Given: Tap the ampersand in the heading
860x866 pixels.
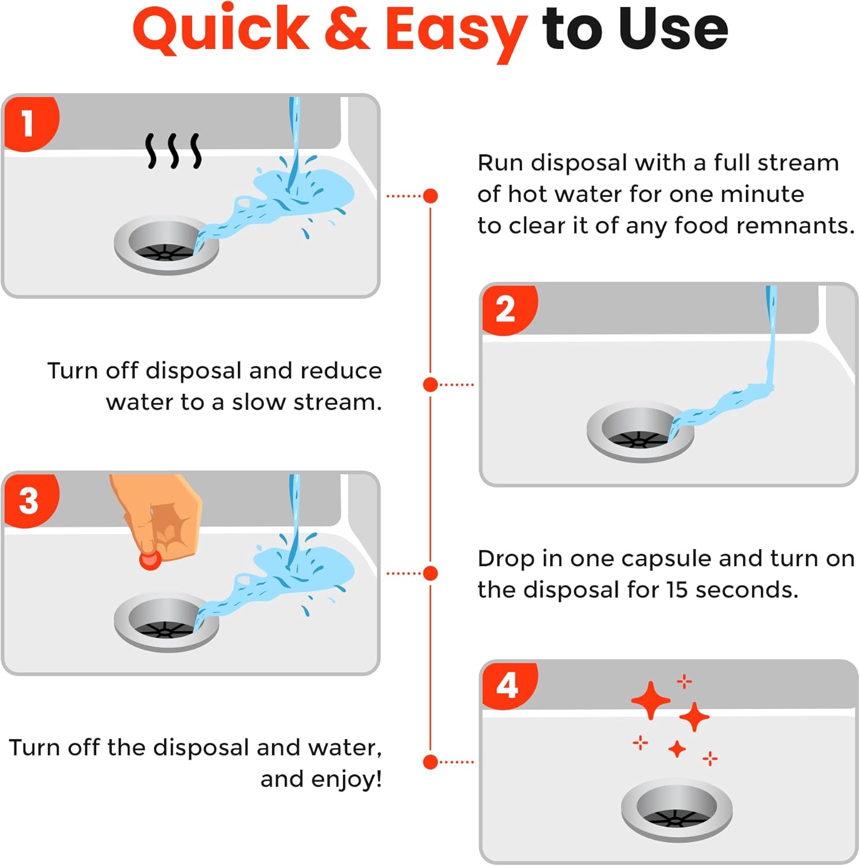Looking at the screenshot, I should [347, 30].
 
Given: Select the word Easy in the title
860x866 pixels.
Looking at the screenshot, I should [456, 32].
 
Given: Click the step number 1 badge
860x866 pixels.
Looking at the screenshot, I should [29, 123].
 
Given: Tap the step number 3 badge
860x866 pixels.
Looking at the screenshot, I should [29, 500].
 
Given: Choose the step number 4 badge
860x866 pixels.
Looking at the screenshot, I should [507, 685].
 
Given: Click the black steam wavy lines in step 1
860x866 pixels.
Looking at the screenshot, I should [173, 151].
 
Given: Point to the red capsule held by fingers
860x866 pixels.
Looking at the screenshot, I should [150, 559].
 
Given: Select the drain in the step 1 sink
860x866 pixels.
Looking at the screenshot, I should [166, 245].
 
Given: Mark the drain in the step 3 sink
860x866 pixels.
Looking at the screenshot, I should [166, 622].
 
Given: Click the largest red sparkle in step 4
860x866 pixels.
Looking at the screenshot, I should [651, 700].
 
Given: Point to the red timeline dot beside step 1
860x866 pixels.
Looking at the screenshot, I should [430, 196].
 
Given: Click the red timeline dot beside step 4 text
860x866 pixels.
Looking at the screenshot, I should [430, 762].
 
